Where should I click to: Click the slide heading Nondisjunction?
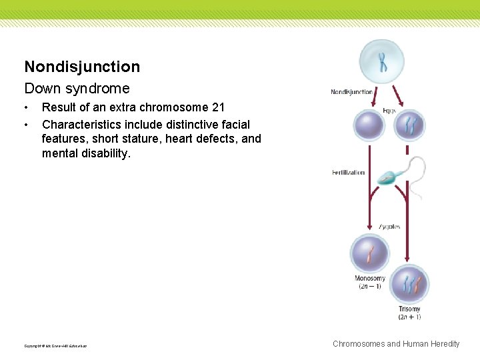click(x=82, y=67)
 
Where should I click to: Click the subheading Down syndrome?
click(x=77, y=88)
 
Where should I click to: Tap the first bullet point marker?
click(x=27, y=107)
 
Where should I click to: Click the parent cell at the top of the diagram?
click(x=383, y=61)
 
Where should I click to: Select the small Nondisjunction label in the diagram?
click(x=351, y=92)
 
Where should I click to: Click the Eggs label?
click(x=389, y=111)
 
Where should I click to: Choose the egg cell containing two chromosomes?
click(x=409, y=125)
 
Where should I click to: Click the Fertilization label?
click(x=349, y=173)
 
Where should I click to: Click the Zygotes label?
click(x=389, y=227)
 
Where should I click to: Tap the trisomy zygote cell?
click(x=409, y=284)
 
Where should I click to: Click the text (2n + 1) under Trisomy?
click(x=409, y=317)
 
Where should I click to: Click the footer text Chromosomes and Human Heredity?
click(x=396, y=344)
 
